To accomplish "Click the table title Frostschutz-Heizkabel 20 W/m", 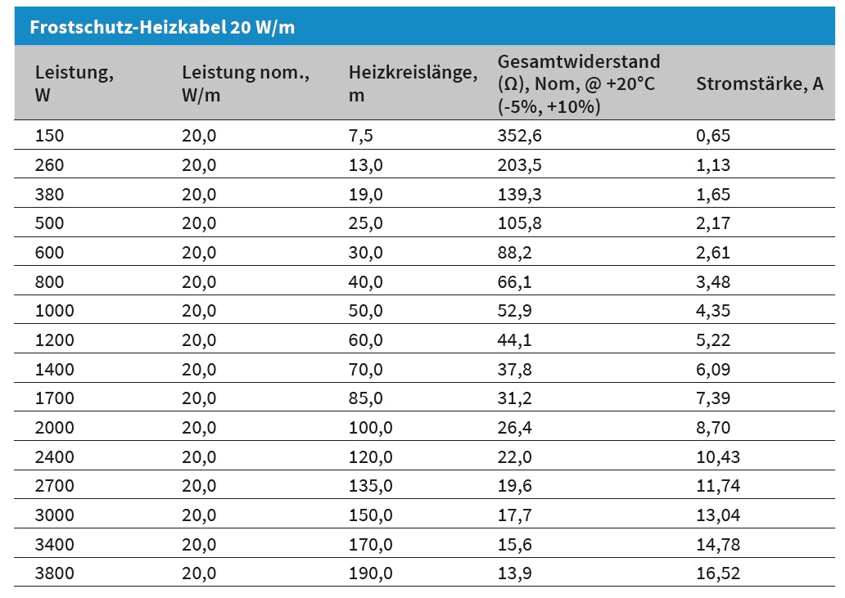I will coord(162,27).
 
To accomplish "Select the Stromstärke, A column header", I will coord(759,83).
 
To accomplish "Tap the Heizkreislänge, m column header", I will coord(413,83).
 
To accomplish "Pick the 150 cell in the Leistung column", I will coord(49,136).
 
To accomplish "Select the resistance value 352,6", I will coord(519,136).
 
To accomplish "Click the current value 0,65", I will coord(712,136).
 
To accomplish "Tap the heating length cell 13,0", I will coord(365,165).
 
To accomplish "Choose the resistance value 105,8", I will coord(519,223).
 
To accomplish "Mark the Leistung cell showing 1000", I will coord(54,311).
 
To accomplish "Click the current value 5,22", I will coord(712,340).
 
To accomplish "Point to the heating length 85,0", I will coord(365,398).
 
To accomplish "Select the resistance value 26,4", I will coord(514,428).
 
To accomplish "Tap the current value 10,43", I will coord(717,457).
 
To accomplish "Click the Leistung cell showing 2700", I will coord(54,486).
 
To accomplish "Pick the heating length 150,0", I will coord(370,515).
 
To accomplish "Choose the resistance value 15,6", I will coord(514,545).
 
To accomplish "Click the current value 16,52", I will coord(717,573).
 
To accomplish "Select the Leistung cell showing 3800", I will coord(54,573).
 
